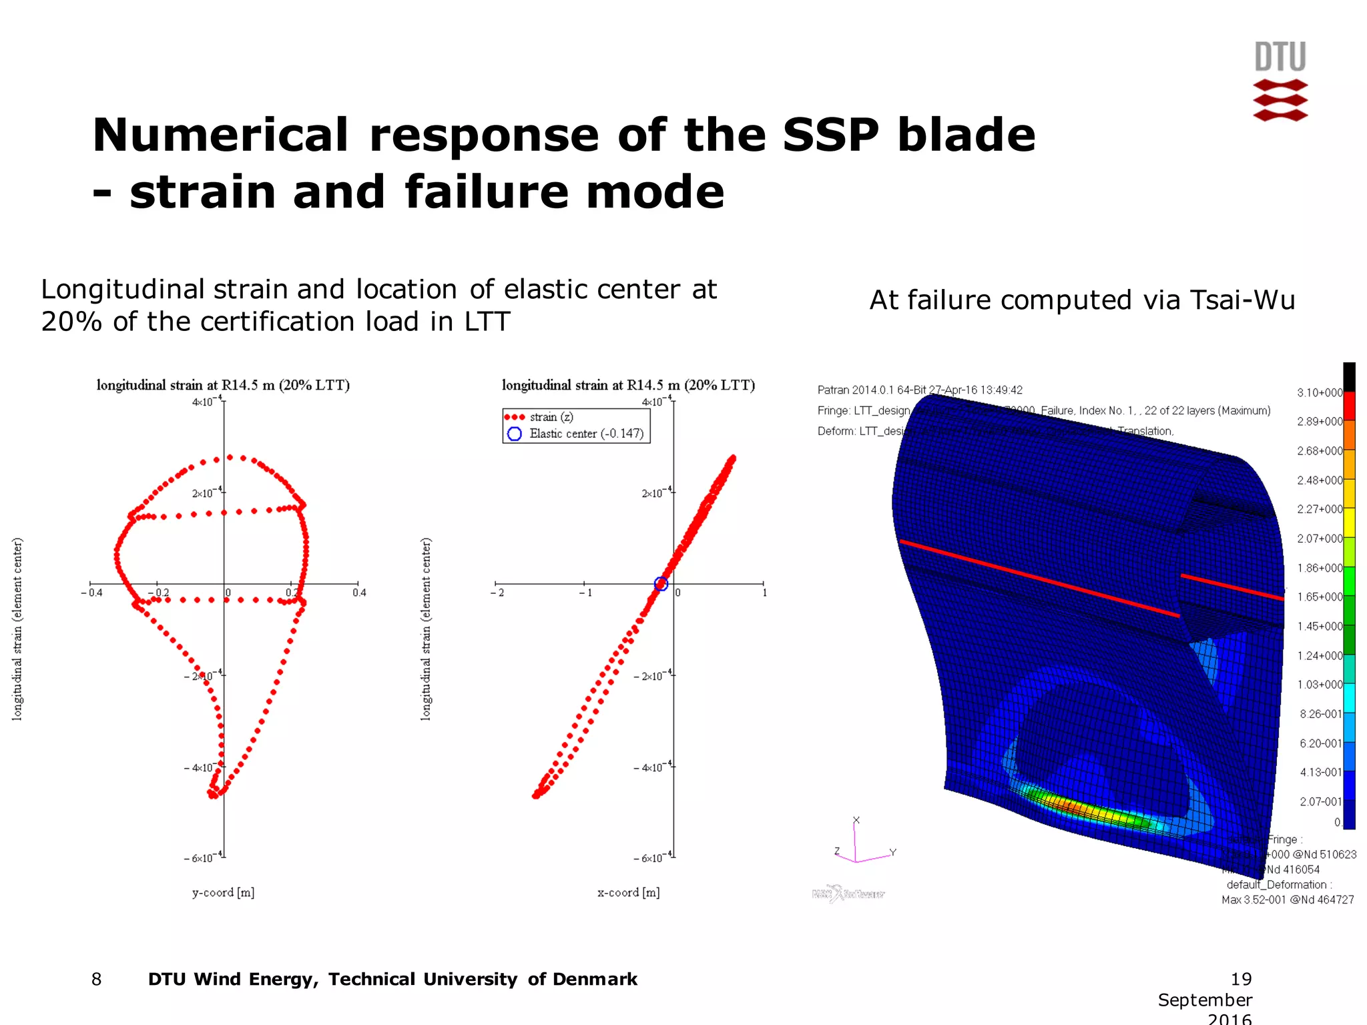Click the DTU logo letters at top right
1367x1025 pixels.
click(x=1280, y=57)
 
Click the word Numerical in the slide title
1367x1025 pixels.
click(x=220, y=135)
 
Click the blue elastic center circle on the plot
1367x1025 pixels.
click(x=661, y=584)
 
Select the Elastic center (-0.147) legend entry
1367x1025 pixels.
click(x=586, y=434)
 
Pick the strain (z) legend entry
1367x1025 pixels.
click(x=551, y=417)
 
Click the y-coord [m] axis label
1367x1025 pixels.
click(x=223, y=892)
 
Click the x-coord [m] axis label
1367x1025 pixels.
click(x=628, y=892)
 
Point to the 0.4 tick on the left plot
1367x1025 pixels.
click(x=359, y=593)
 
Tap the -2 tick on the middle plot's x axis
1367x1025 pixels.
click(x=498, y=593)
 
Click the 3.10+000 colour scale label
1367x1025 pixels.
click(x=1319, y=392)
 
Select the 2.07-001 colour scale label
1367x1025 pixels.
click(x=1320, y=801)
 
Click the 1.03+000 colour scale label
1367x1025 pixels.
click(x=1319, y=685)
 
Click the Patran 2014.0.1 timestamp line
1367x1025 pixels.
click(x=919, y=390)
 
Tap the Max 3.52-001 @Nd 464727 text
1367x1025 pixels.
click(x=1287, y=900)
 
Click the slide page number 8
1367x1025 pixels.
click(x=97, y=979)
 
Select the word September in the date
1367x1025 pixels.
click(x=1204, y=1000)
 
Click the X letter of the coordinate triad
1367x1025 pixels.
click(x=856, y=820)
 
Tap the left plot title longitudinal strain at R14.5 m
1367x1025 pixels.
click(x=223, y=385)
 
